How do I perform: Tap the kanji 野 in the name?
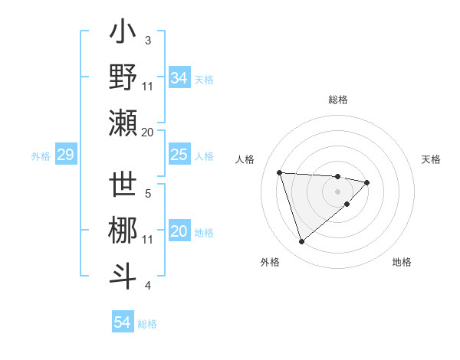tap(123, 77)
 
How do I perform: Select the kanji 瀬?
tap(123, 123)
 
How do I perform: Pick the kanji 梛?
tap(123, 231)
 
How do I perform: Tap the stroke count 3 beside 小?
tap(148, 40)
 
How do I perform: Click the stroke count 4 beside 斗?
tap(148, 286)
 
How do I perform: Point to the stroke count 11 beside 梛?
tap(148, 240)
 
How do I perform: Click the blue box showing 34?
tap(179, 78)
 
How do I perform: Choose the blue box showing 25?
tap(179, 155)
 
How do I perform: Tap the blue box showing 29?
tap(65, 155)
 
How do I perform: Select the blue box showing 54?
tap(122, 322)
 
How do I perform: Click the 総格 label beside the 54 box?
tap(147, 323)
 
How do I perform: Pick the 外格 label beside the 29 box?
tap(41, 156)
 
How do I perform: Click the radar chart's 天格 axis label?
tap(432, 159)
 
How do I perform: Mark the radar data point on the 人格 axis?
tap(280, 172)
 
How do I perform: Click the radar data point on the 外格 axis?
tap(302, 242)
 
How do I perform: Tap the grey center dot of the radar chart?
tap(337, 191)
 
